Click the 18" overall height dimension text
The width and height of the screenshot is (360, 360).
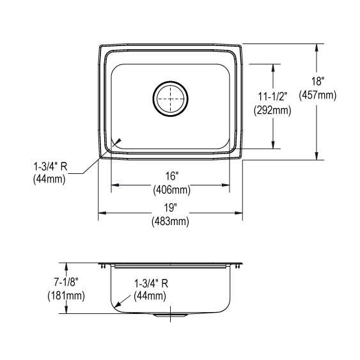click(x=318, y=81)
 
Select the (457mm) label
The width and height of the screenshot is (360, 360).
click(x=317, y=95)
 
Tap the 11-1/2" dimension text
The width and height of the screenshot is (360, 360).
click(x=273, y=97)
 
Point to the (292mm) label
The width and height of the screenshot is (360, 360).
click(x=272, y=111)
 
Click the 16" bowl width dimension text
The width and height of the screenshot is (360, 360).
click(x=172, y=176)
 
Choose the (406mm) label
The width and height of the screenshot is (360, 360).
click(x=172, y=190)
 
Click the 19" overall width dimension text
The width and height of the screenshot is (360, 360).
click(x=170, y=208)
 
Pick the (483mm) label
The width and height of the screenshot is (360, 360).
click(x=170, y=222)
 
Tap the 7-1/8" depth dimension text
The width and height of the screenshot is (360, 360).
click(x=66, y=282)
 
